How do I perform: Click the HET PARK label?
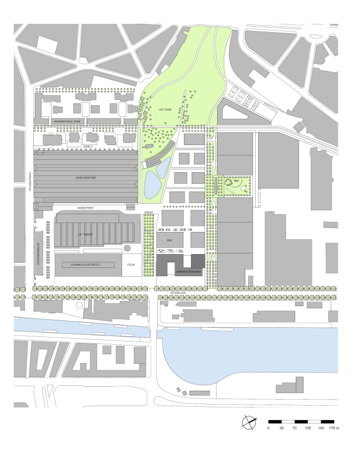(x=166, y=110)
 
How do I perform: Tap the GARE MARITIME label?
(x=86, y=178)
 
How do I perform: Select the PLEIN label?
(x=131, y=265)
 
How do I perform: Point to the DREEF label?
(x=148, y=211)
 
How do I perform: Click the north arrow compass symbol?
(x=250, y=422)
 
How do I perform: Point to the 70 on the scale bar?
(x=295, y=428)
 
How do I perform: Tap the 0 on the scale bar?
(x=269, y=428)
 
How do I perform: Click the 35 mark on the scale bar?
(x=281, y=428)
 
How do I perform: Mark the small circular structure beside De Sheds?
(x=128, y=248)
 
